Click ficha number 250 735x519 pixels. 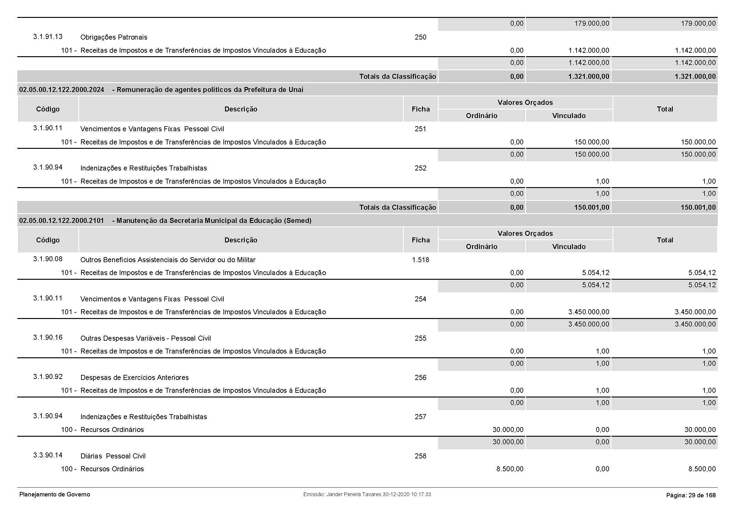pyautogui.click(x=420, y=37)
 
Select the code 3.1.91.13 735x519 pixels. pyautogui.click(x=48, y=36)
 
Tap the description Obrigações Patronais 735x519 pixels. pyautogui.click(x=114, y=37)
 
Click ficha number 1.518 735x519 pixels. pyautogui.click(x=420, y=260)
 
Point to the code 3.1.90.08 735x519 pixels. pyautogui.click(x=48, y=259)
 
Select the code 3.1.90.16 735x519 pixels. pyautogui.click(x=48, y=338)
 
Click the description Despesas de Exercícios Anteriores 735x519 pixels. pyautogui.click(x=134, y=377)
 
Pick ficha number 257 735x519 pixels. pyautogui.click(x=420, y=417)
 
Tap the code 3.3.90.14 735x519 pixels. pyautogui.click(x=48, y=455)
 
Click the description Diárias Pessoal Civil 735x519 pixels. pyautogui.click(x=113, y=456)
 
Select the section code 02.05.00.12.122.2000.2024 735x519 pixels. pyautogui.click(x=62, y=89)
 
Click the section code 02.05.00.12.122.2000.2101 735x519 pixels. pyautogui.click(x=62, y=220)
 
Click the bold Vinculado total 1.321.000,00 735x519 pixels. pyautogui.click(x=589, y=76)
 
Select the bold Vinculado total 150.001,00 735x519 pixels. pyautogui.click(x=592, y=207)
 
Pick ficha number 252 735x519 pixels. pyautogui.click(x=420, y=168)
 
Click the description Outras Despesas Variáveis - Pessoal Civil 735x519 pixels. pyautogui.click(x=146, y=338)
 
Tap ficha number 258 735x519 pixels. pyautogui.click(x=420, y=456)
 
